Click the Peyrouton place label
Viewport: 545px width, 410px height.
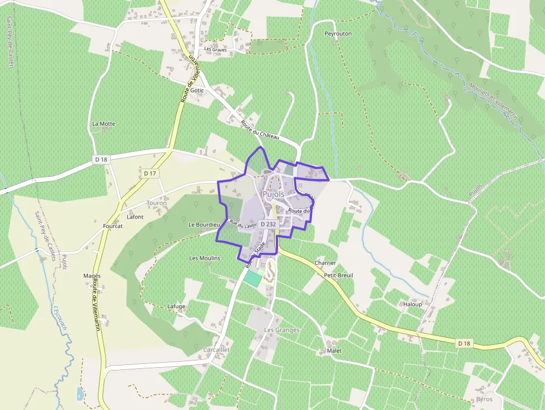pyautogui.click(x=338, y=33)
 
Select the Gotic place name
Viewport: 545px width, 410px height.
pyautogui.click(x=197, y=90)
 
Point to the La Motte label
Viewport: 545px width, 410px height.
pyautogui.click(x=103, y=124)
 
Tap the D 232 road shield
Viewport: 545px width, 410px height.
pyautogui.click(x=268, y=224)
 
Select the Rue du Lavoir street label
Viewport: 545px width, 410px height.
pyautogui.click(x=242, y=225)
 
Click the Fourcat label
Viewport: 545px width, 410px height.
pyautogui.click(x=113, y=226)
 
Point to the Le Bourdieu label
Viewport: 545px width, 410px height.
pyautogui.click(x=205, y=225)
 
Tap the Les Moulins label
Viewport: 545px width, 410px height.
pyautogui.click(x=205, y=258)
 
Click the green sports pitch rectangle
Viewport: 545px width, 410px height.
pyautogui.click(x=253, y=278)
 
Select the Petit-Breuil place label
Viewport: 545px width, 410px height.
pyautogui.click(x=338, y=275)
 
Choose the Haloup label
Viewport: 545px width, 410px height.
pyautogui.click(x=413, y=304)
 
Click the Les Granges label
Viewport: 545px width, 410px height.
pyautogui.click(x=281, y=330)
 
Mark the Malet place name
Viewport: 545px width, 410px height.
pyautogui.click(x=334, y=351)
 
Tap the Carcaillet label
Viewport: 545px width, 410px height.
pyautogui.click(x=216, y=349)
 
